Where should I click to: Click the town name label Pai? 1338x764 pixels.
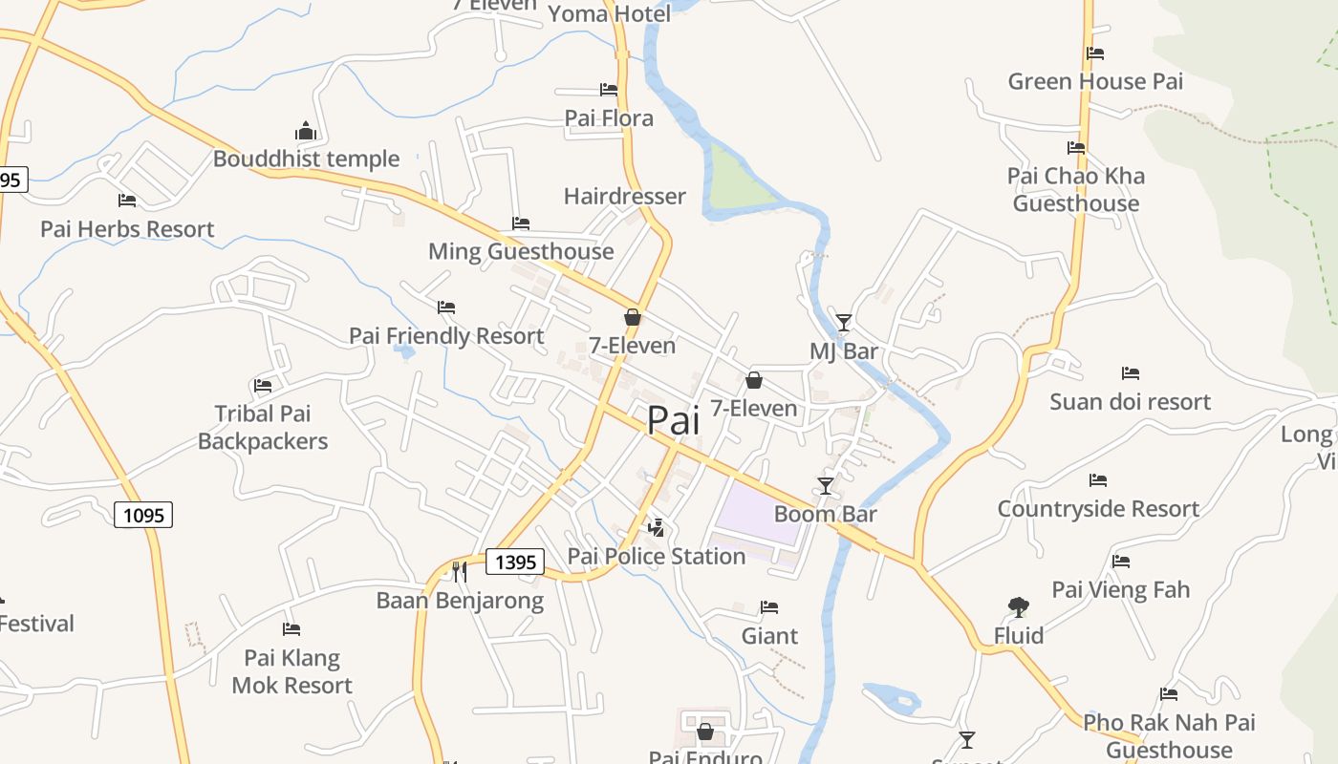tap(674, 420)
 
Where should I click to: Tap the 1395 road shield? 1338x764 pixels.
tap(515, 562)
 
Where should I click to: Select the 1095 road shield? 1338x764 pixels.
tap(144, 516)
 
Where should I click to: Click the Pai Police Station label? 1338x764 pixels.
tap(657, 556)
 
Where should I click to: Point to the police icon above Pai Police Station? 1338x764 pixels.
tap(657, 527)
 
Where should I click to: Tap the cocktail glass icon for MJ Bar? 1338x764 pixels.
tap(843, 323)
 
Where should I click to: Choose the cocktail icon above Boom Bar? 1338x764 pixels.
tap(826, 486)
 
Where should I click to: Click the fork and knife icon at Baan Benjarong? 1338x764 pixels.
tap(460, 572)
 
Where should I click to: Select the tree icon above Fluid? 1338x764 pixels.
tap(1018, 607)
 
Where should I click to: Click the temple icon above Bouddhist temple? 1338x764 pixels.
tap(306, 131)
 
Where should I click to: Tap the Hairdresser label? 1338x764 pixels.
tap(625, 197)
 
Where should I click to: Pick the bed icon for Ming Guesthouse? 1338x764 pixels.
tap(521, 223)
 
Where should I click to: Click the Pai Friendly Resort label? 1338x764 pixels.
tap(446, 336)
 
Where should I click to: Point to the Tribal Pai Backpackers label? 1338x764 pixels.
tap(263, 428)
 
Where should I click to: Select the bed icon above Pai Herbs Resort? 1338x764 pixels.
tap(127, 201)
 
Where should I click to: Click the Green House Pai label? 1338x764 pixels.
tap(1095, 82)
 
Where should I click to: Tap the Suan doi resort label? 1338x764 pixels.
tap(1131, 402)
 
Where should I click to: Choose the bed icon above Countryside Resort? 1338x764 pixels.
tap(1098, 480)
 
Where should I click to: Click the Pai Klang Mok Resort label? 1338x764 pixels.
tap(291, 671)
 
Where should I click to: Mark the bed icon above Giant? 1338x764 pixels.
tap(769, 607)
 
